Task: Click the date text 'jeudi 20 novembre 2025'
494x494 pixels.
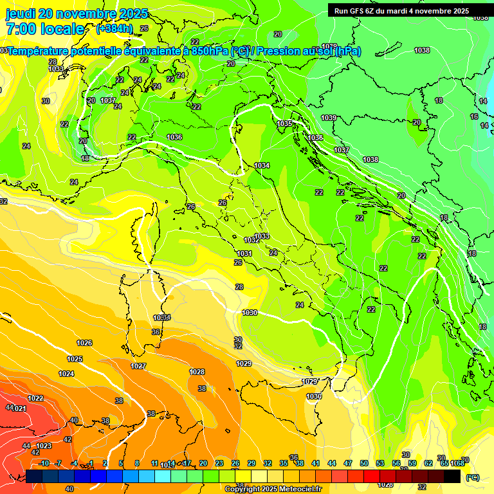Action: tap(77, 14)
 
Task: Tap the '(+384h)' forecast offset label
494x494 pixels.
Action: tap(114, 29)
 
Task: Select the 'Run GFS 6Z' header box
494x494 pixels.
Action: tap(401, 11)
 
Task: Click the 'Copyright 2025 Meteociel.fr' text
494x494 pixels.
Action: tap(273, 489)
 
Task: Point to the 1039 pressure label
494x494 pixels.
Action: tap(329, 118)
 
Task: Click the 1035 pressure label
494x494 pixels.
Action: tap(284, 123)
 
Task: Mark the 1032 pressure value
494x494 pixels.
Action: tap(252, 240)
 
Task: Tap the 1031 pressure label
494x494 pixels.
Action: tap(244, 254)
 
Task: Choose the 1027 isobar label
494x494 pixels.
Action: tap(138, 366)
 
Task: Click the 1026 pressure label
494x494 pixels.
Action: tap(84, 343)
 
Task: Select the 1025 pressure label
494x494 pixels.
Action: tap(75, 359)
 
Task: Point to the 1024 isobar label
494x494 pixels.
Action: tap(66, 374)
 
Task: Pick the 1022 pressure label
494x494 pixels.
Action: tap(35, 398)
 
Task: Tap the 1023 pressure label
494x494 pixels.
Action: tap(44, 446)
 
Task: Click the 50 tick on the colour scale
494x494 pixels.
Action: tap(364, 463)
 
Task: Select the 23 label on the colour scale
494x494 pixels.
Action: tap(219, 463)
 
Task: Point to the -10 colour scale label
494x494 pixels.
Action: tap(44, 463)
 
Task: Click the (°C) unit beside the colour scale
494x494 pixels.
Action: tap(472, 477)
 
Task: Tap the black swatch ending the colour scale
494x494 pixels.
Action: tap(452, 476)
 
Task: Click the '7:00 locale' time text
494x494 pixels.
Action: tap(44, 29)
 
